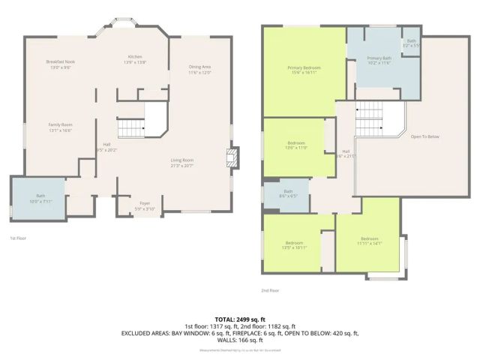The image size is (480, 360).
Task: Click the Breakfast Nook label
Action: (x=60, y=64)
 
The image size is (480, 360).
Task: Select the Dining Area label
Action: (x=199, y=70)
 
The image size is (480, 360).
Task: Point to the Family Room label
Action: (x=60, y=127)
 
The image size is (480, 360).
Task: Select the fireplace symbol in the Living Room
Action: (x=233, y=160)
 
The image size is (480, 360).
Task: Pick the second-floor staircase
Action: (x=369, y=120)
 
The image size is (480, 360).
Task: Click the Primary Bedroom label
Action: (x=303, y=70)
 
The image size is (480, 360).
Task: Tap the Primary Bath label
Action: (x=379, y=61)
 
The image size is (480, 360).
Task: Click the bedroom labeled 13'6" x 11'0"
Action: (x=297, y=145)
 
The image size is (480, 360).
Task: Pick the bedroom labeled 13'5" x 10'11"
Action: (x=293, y=245)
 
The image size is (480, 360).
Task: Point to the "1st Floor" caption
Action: (x=19, y=238)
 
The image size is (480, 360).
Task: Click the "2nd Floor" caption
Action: (x=270, y=290)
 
